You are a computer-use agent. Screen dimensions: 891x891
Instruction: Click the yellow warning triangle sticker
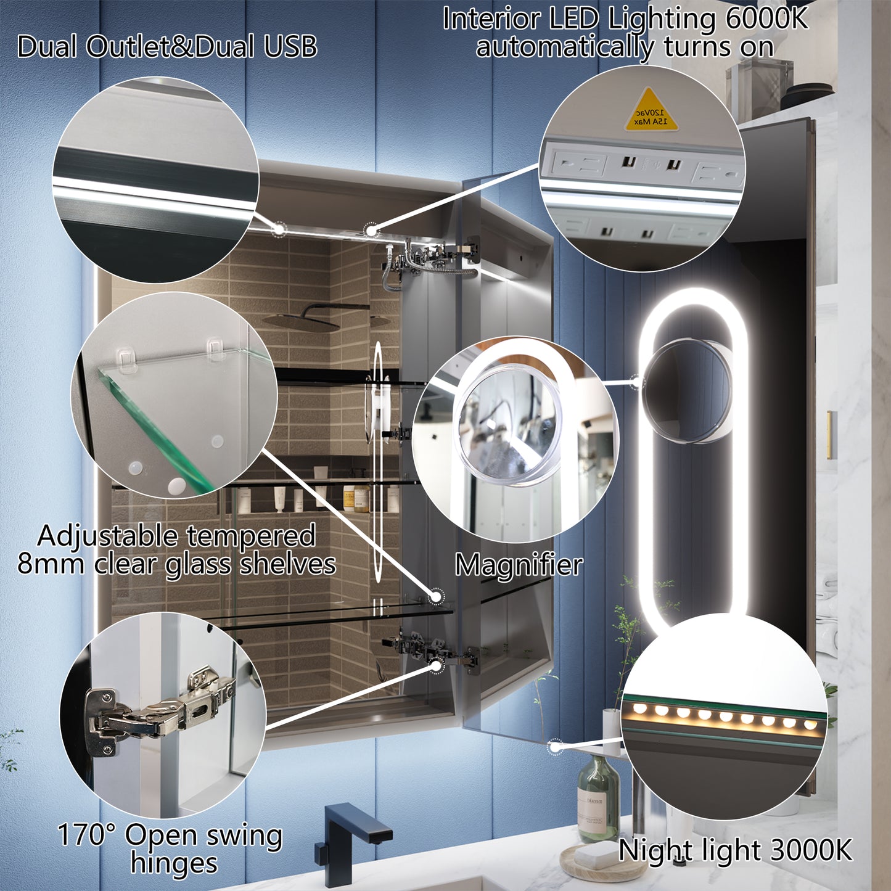point(651,112)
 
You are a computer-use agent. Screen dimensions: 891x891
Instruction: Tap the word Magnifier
point(519,565)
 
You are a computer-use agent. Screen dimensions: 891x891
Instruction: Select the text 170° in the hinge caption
point(86,836)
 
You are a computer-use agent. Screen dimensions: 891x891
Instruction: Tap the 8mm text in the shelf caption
point(51,564)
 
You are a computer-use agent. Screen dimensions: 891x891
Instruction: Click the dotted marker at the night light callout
point(555,746)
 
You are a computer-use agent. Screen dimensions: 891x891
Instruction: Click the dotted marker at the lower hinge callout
point(436,665)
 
